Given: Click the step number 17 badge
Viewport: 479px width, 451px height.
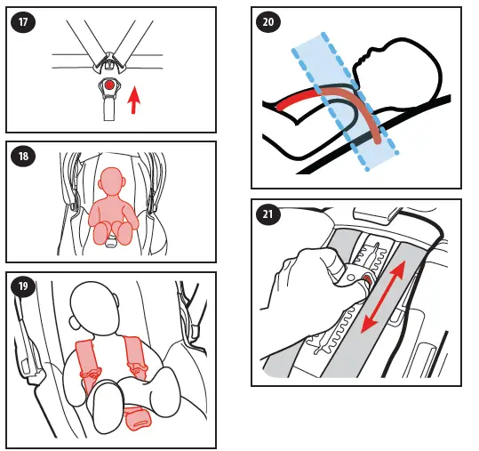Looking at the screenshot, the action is coord(23,22).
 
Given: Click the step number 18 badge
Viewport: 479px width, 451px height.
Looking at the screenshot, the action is coord(23,157).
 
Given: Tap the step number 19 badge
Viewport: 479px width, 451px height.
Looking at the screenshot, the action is coord(23,286).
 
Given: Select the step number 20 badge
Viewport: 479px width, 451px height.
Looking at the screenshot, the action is coord(267,22).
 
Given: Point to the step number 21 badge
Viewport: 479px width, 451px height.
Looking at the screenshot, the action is coord(267,213).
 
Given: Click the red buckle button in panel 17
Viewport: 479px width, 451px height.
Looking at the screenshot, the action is coord(108,85).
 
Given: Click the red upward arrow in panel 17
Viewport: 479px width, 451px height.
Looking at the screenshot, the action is coord(133,100).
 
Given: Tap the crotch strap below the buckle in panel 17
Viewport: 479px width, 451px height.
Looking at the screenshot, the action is coord(108,109).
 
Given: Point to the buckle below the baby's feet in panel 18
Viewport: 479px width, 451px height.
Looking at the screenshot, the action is coord(111,242).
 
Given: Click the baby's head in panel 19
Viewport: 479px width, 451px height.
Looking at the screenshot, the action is coord(94,308).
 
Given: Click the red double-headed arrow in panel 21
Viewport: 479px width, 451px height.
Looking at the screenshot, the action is coord(383,296).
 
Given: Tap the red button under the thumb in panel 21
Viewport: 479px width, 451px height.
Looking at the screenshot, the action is coord(366,279).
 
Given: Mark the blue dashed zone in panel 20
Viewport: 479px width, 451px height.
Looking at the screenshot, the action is coord(345,101).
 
